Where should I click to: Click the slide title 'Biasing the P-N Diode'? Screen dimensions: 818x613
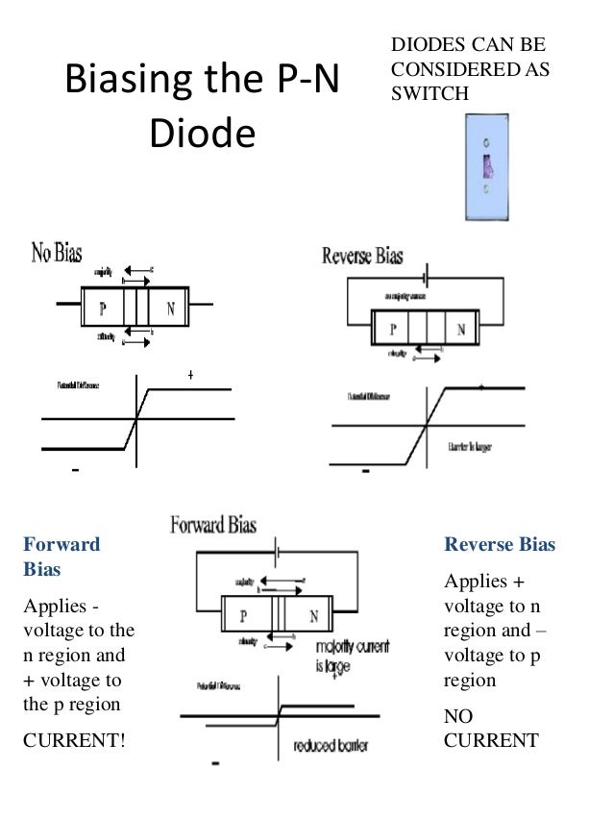click(201, 107)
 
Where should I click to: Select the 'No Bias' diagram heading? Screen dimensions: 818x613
click(57, 255)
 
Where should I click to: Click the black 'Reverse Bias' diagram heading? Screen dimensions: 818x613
click(362, 257)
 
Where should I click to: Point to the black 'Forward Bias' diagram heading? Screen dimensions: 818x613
click(212, 525)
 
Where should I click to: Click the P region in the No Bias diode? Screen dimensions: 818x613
click(101, 309)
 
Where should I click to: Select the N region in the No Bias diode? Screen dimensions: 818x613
click(169, 309)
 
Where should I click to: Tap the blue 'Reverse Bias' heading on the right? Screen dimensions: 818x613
click(499, 545)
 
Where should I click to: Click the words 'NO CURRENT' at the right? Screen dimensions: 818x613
click(490, 729)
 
